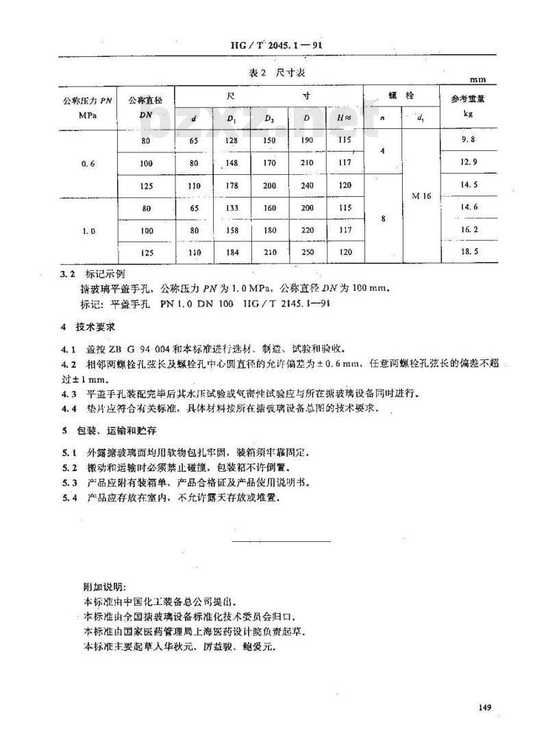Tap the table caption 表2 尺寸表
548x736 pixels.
point(273,74)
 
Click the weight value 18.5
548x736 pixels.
point(469,252)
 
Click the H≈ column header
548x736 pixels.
point(345,117)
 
